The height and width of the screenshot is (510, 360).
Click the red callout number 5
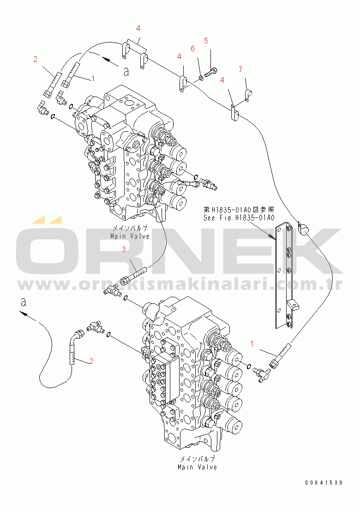(206, 40)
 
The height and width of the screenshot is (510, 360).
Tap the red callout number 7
(240, 69)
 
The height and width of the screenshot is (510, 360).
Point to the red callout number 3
(123, 249)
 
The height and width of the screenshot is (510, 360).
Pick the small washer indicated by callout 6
(201, 76)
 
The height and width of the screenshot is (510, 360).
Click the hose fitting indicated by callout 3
(134, 276)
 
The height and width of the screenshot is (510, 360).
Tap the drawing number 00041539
(323, 482)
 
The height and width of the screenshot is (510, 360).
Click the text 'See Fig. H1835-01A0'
(239, 218)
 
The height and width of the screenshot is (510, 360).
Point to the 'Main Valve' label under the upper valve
(130, 236)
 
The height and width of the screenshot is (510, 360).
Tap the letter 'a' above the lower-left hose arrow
(23, 302)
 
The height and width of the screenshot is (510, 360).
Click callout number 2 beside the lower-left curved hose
(91, 360)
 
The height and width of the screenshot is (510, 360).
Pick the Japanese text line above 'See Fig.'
(239, 210)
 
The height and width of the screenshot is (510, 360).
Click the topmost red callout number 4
(138, 28)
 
